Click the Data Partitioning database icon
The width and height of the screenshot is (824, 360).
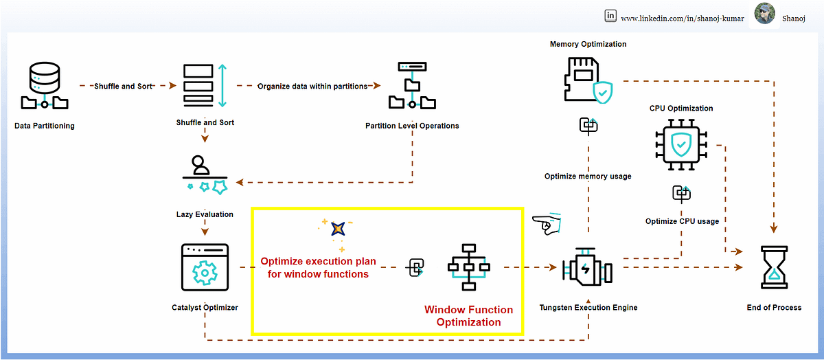[x=45, y=86]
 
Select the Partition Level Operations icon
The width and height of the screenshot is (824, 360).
[x=412, y=86]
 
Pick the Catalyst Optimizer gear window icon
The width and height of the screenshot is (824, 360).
[x=204, y=269]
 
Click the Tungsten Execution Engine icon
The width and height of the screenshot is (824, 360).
[x=587, y=269]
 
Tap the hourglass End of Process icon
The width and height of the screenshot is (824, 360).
[x=774, y=269]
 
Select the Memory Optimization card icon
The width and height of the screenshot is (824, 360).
[x=588, y=80]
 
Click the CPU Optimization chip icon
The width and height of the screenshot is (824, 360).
[x=680, y=143]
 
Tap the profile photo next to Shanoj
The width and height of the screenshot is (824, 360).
[x=765, y=14]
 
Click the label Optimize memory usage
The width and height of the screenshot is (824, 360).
[x=588, y=176]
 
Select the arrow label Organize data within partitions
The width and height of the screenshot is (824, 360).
[x=312, y=87]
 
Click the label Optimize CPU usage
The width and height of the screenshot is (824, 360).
[x=682, y=221]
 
